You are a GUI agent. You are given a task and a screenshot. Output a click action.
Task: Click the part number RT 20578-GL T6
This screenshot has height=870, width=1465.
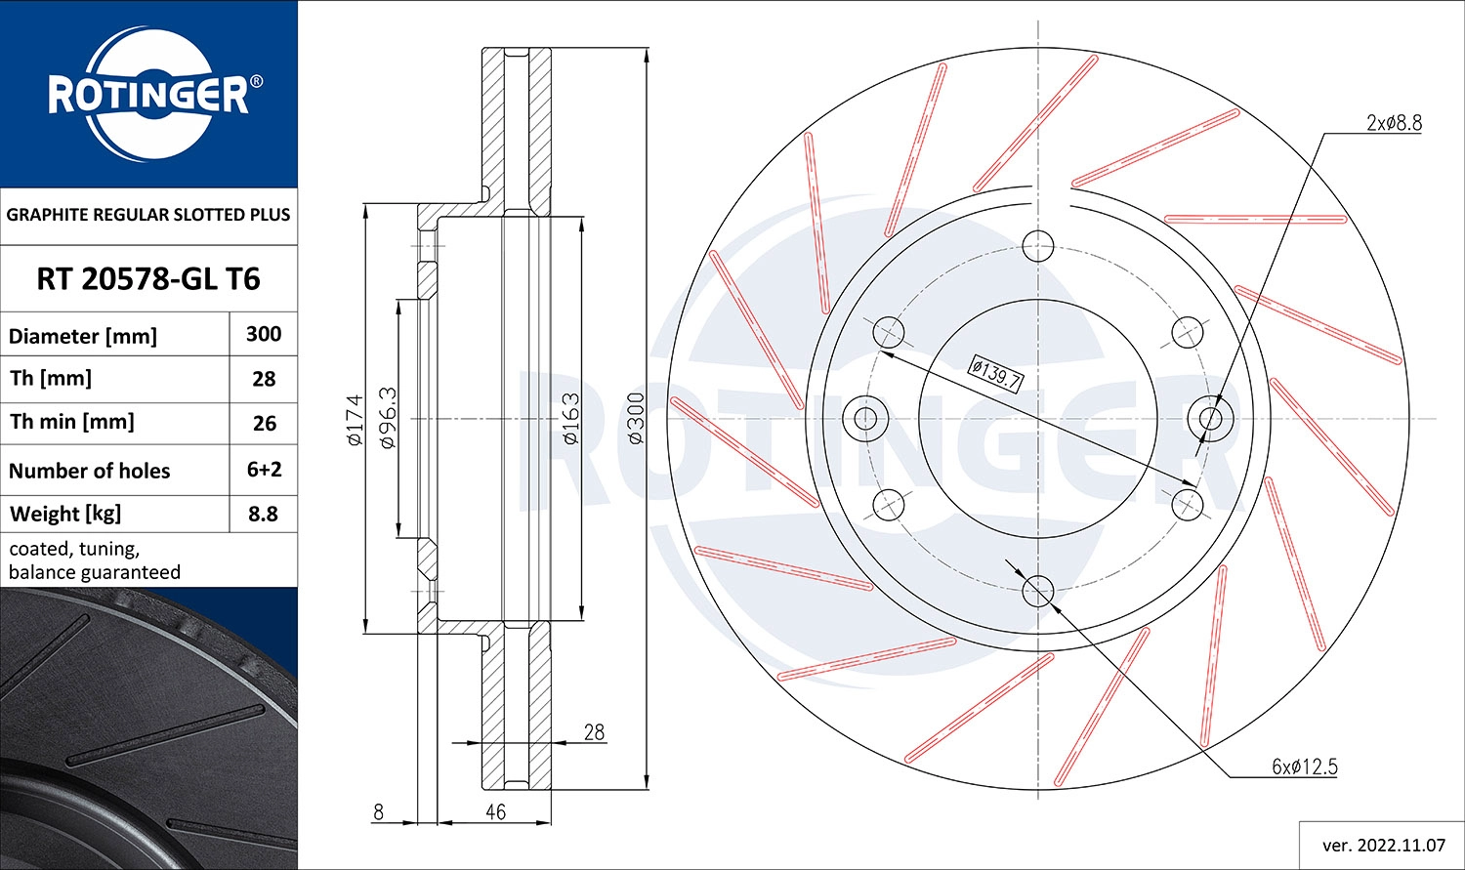(x=148, y=279)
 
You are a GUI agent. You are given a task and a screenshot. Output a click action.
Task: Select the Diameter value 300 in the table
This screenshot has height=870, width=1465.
(x=264, y=334)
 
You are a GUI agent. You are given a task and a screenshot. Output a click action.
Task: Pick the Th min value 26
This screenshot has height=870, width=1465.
(x=264, y=423)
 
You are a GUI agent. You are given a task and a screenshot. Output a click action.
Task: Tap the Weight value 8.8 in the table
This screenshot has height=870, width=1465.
(x=263, y=514)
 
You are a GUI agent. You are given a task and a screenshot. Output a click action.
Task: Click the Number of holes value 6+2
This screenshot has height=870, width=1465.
(x=264, y=469)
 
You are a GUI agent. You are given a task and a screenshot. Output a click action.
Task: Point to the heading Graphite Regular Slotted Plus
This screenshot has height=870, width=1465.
(x=148, y=215)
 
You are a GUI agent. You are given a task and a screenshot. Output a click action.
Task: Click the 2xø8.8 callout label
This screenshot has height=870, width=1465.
(x=1394, y=123)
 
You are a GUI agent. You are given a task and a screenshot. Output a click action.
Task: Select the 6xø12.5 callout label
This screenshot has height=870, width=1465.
(x=1304, y=766)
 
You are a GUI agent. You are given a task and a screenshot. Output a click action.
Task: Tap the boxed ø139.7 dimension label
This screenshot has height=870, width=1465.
(x=995, y=374)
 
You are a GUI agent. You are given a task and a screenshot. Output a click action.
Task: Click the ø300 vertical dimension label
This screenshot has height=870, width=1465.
(x=636, y=419)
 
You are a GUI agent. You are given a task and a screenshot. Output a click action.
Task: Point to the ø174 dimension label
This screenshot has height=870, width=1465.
(x=355, y=420)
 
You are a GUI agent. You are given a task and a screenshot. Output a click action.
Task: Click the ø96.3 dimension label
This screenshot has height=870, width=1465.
(x=387, y=418)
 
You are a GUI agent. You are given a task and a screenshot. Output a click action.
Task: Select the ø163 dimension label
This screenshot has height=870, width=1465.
(x=571, y=419)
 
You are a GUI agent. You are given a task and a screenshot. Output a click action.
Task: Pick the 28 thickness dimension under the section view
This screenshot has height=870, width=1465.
(x=594, y=731)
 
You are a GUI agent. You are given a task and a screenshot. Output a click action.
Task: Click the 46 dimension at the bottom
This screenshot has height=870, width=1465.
(x=495, y=811)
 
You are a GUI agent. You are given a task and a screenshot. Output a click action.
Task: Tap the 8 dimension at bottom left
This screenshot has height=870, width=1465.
(x=378, y=811)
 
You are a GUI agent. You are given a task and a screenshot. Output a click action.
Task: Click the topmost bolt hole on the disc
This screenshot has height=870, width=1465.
(x=1038, y=245)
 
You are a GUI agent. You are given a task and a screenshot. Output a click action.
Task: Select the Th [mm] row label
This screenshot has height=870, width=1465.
(x=51, y=379)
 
